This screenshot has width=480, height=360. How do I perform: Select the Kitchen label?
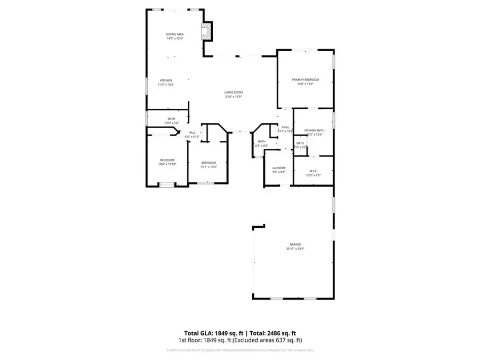(166, 81)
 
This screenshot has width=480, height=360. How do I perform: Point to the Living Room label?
(234, 93)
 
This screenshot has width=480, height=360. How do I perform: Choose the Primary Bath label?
(314, 131)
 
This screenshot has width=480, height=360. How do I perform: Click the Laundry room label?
(279, 168)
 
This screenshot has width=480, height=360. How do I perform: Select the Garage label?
(294, 245)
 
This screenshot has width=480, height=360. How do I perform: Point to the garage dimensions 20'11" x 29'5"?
(294, 249)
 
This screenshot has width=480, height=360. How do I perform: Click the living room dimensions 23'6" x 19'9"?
(234, 97)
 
